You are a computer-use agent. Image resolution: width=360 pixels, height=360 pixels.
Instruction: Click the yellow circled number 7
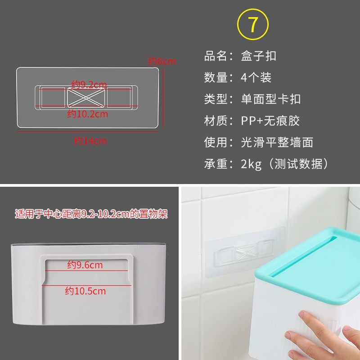click(253, 24)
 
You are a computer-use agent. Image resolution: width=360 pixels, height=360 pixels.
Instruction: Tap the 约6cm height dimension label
click(162, 61)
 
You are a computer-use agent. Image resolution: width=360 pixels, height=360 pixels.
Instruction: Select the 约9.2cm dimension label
click(89, 85)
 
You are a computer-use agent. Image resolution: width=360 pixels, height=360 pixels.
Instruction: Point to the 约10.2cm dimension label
click(87, 114)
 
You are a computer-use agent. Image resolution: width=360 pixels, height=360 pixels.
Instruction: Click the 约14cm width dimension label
click(90, 141)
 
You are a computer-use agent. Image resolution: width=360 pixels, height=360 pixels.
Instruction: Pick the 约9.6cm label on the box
click(85, 265)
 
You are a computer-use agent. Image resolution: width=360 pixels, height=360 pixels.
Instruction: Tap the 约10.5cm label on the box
click(85, 291)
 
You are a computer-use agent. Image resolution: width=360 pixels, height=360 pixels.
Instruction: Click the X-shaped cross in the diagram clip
click(86, 98)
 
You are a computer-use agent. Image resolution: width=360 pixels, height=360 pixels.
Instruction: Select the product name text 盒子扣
click(258, 56)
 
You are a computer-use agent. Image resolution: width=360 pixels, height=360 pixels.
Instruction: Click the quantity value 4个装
click(256, 77)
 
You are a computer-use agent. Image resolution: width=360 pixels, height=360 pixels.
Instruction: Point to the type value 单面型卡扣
click(271, 99)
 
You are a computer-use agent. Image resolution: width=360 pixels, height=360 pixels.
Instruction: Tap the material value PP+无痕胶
click(270, 121)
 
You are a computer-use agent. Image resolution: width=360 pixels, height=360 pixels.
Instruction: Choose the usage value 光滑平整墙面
click(277, 142)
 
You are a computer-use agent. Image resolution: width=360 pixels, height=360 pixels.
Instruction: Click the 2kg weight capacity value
click(251, 164)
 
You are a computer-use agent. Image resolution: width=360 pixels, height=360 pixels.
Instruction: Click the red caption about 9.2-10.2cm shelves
click(91, 214)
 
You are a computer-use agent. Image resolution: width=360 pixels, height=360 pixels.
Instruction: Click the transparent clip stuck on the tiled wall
click(245, 252)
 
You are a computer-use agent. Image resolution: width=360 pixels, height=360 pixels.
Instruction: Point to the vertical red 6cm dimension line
click(163, 97)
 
